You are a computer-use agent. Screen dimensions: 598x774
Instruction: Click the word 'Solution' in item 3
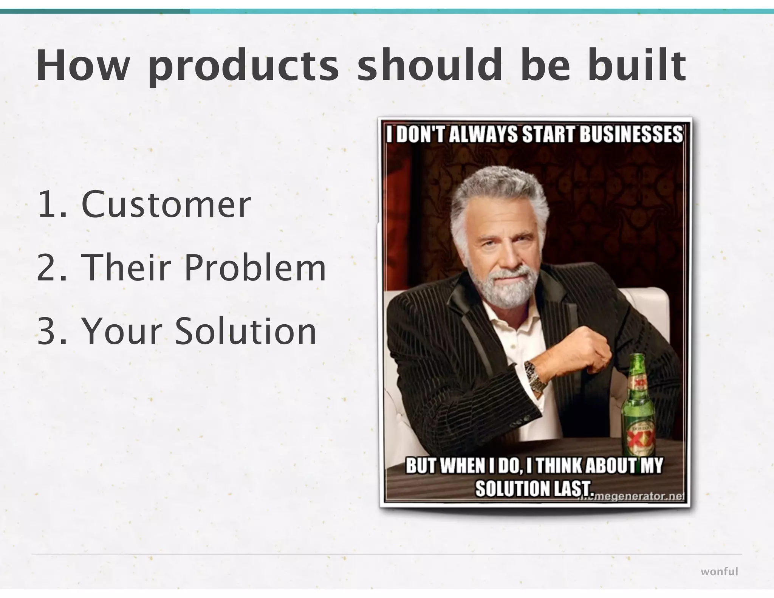pyautogui.click(x=245, y=331)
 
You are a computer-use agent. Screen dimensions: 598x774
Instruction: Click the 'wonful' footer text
pyautogui.click(x=719, y=572)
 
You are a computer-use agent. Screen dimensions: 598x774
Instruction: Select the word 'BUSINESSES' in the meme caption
pyautogui.click(x=631, y=135)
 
